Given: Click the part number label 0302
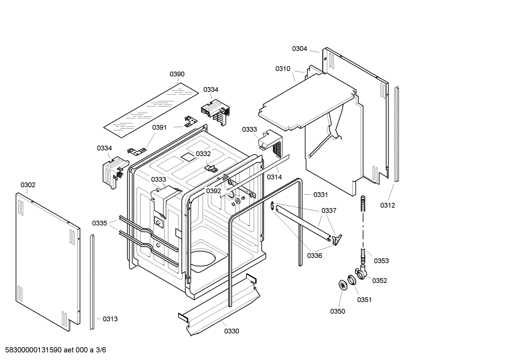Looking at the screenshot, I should (x=28, y=185).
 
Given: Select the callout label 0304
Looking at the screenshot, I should (x=299, y=49).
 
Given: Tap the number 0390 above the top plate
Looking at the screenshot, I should (x=177, y=74).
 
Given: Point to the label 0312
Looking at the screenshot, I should (x=388, y=205).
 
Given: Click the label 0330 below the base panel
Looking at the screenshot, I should (x=232, y=331).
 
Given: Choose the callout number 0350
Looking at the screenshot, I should (x=337, y=311).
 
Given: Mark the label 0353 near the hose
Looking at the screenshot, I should (x=381, y=261).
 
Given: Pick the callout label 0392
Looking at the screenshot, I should (x=214, y=191).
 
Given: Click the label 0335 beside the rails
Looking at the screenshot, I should (x=100, y=223).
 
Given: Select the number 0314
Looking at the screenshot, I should (x=274, y=177).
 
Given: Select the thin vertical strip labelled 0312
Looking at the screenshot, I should (x=397, y=134).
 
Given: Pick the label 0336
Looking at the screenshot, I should (x=314, y=255).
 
